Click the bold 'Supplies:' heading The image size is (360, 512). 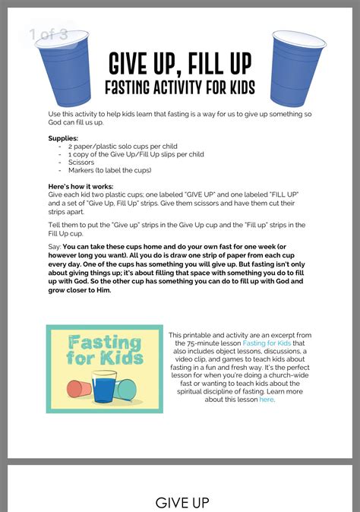coord(63,137)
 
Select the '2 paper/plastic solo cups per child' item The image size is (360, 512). coord(122,145)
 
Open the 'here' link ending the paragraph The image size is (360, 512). coord(266,399)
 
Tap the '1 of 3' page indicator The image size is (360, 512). coord(49,34)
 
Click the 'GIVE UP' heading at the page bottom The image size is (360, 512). coord(182,502)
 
